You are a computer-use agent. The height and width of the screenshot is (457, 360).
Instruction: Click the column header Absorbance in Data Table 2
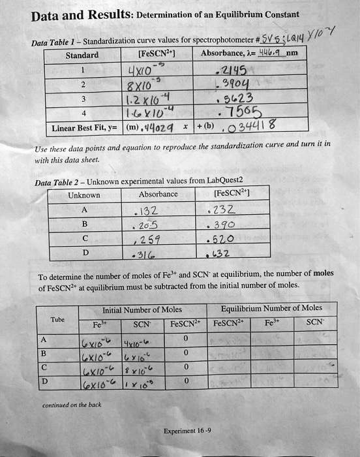pyautogui.click(x=158, y=195)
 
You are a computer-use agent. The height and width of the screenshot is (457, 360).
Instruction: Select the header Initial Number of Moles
pyautogui.click(x=133, y=309)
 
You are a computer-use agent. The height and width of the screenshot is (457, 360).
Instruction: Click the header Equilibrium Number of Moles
pyautogui.click(x=271, y=308)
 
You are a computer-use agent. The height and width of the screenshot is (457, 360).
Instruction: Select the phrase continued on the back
pyautogui.click(x=72, y=405)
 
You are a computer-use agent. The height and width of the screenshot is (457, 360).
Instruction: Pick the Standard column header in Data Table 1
pyautogui.click(x=82, y=55)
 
